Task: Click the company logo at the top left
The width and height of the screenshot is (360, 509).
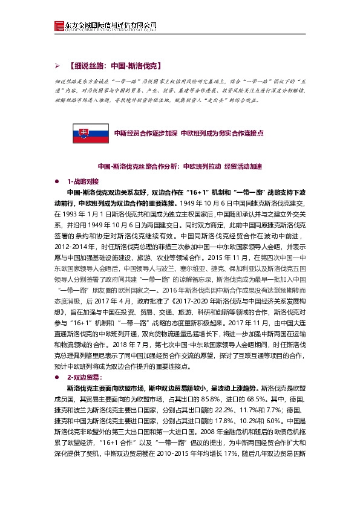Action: tap(59, 25)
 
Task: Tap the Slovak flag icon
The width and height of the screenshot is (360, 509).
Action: tap(82, 132)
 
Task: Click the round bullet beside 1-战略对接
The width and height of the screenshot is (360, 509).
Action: tap(57, 181)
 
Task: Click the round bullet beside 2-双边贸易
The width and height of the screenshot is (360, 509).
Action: tap(57, 376)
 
